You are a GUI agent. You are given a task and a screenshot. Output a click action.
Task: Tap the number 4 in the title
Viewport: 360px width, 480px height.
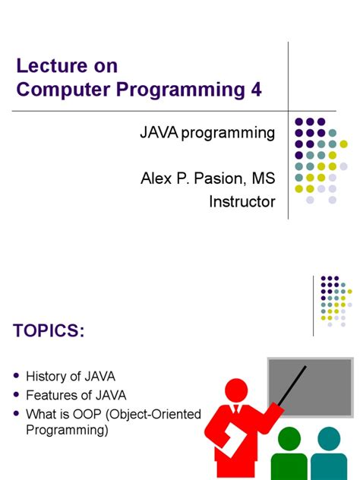tap(256, 90)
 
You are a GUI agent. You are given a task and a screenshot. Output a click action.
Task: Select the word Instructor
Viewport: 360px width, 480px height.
tap(242, 201)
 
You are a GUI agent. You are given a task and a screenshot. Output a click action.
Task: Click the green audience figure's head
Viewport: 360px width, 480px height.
tap(291, 441)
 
